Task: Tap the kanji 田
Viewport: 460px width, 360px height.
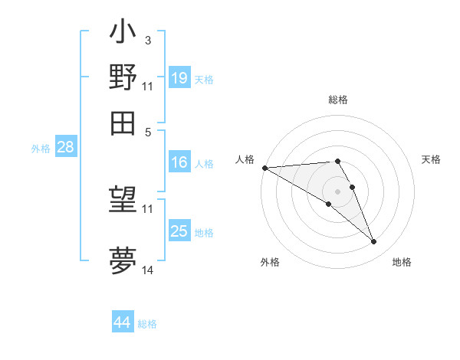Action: coord(123,122)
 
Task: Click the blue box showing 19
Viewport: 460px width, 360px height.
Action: coord(179,77)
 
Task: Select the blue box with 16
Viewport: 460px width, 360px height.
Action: coord(179,162)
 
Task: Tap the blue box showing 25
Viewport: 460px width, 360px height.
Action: coord(179,231)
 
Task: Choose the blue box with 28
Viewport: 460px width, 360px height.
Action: coord(65,148)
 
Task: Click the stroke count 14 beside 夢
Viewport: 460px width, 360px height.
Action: coord(148,270)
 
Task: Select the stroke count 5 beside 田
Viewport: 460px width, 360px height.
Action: coord(149,131)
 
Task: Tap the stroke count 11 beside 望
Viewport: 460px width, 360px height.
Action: coord(148,208)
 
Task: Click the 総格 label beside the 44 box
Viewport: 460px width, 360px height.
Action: coord(147,324)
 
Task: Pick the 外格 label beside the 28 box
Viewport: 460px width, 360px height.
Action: coord(40,149)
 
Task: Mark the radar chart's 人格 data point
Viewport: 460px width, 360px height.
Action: coord(264,167)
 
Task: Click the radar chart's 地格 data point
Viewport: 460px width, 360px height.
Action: coord(374,242)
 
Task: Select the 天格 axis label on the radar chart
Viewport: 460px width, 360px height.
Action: coord(431,159)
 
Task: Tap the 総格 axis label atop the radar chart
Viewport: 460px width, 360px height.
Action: coord(337,100)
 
